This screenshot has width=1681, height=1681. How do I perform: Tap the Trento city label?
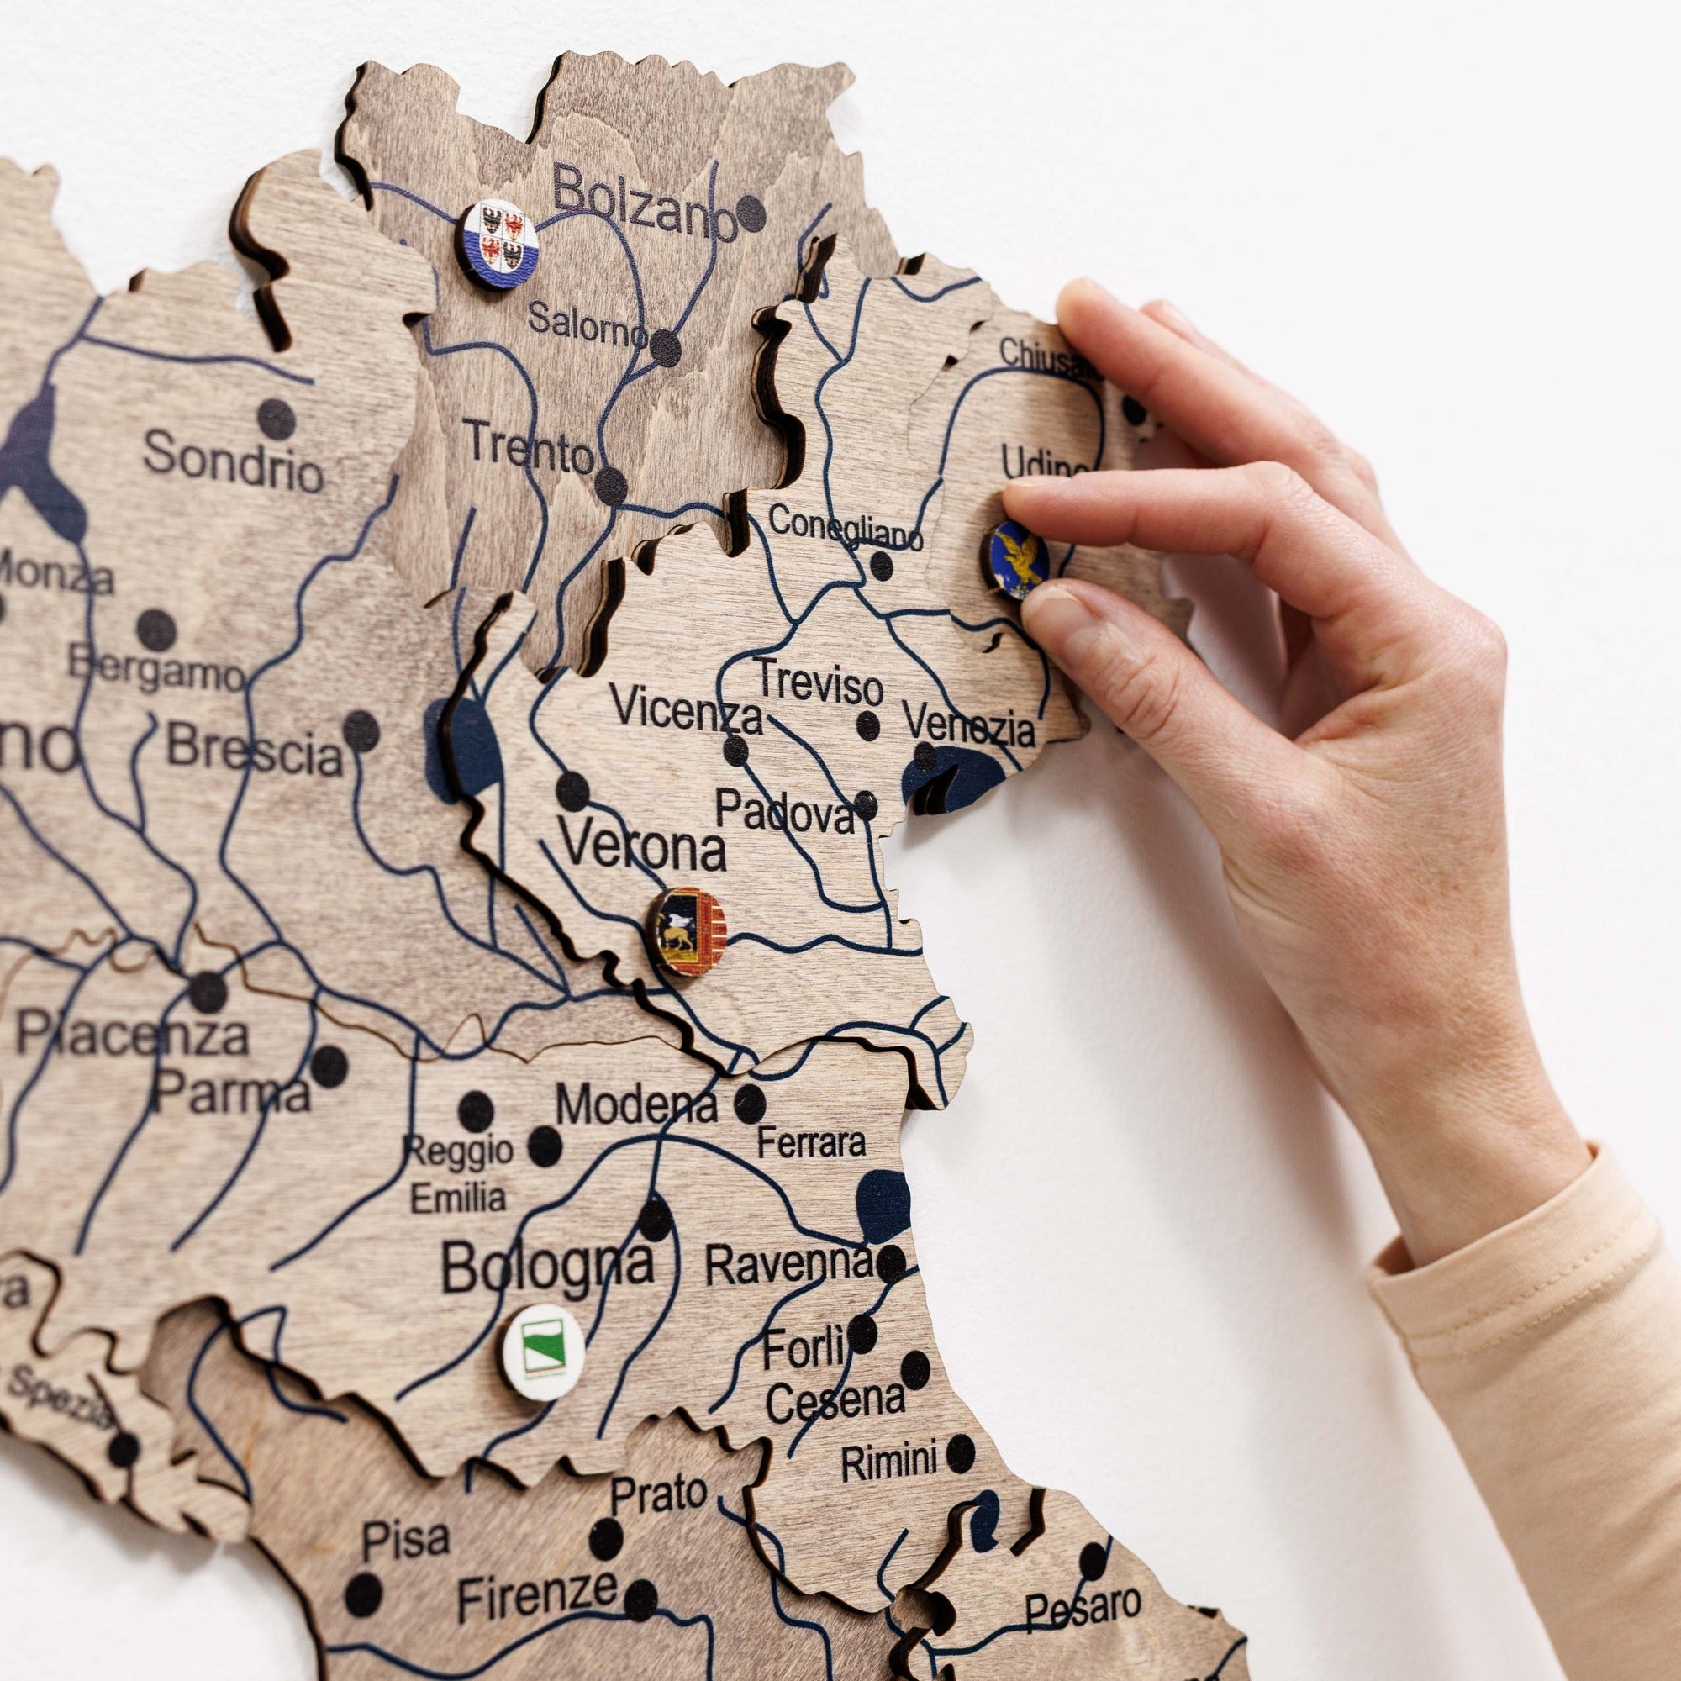tap(530, 446)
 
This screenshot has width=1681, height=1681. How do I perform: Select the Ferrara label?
tap(811, 1142)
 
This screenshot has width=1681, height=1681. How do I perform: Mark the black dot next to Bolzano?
tap(751, 212)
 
